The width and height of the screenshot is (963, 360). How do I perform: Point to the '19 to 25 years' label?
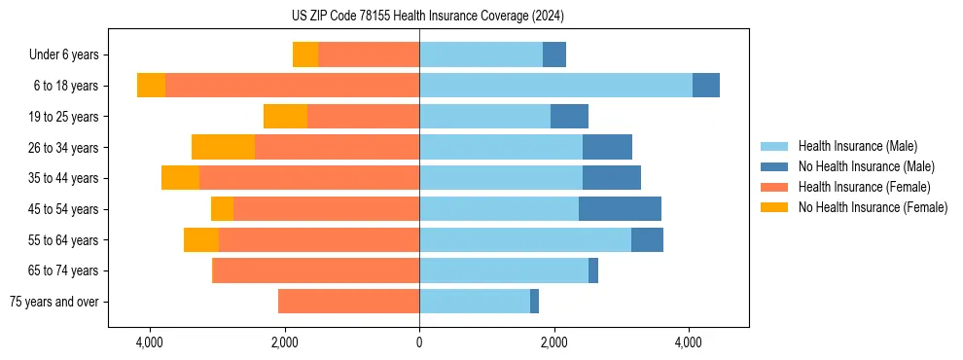click(x=63, y=117)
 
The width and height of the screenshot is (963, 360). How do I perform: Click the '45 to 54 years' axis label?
click(x=63, y=209)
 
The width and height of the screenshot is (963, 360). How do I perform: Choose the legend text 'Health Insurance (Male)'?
click(x=857, y=146)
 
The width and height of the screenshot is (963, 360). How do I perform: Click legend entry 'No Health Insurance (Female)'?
click(x=873, y=207)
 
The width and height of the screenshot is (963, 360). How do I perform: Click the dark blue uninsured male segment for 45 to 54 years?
click(x=620, y=209)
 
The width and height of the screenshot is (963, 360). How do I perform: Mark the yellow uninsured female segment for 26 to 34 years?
click(x=223, y=148)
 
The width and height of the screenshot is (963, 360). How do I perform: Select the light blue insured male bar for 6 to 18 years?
click(x=555, y=86)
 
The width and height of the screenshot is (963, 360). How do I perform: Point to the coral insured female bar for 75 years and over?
click(x=348, y=302)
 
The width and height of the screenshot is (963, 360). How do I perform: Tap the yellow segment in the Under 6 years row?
click(x=305, y=55)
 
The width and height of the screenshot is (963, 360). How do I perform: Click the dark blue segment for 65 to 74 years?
click(x=593, y=270)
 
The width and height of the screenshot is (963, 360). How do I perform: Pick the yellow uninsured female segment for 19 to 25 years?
click(x=285, y=117)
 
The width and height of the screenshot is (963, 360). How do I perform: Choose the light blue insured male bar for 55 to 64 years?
click(x=525, y=240)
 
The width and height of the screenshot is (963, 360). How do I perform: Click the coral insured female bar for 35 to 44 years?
click(x=309, y=178)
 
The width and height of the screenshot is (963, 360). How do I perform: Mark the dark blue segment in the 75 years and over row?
click(x=534, y=302)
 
